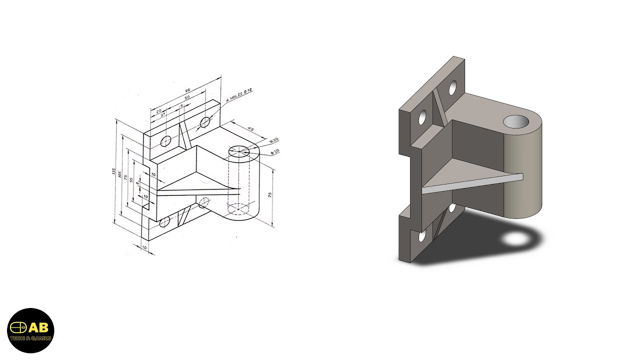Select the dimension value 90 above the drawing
click(x=187, y=90)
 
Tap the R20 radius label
click(x=274, y=140)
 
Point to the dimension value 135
click(x=114, y=171)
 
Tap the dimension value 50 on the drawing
click(x=187, y=98)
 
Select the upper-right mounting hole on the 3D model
click(x=453, y=88)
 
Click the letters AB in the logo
click(x=38, y=328)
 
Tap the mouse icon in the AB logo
click(x=19, y=328)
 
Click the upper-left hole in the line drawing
click(x=166, y=141)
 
